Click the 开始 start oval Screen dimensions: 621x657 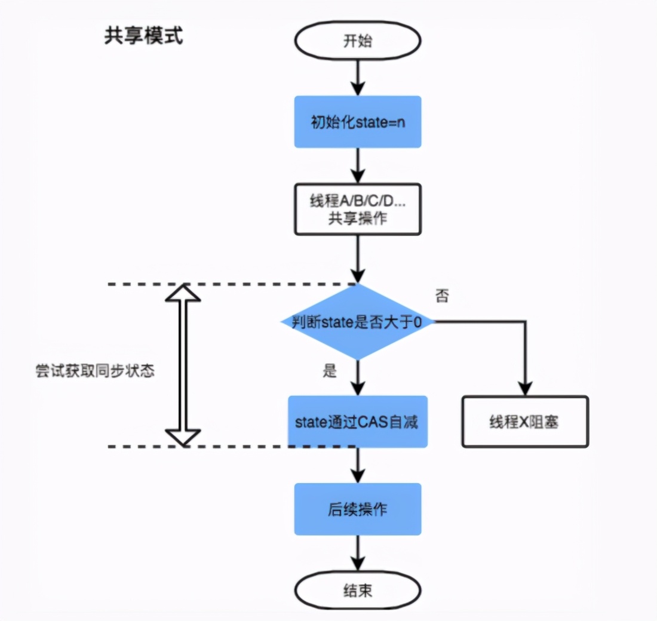point(357,41)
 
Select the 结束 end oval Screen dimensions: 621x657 point(357,591)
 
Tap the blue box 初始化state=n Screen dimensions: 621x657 point(357,122)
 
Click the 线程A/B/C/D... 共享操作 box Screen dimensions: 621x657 point(357,209)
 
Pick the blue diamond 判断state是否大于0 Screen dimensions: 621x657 point(357,322)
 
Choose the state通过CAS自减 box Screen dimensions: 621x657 point(357,422)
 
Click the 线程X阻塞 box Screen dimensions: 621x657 point(525,422)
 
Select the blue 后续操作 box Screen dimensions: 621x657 point(357,509)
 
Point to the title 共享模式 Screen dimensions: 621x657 point(143,36)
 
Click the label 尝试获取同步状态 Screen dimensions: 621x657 point(95,370)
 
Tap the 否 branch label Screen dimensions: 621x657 point(443,296)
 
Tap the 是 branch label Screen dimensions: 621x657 point(330,371)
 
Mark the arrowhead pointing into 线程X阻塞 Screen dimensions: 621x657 point(525,388)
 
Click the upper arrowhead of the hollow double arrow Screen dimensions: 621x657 point(183,294)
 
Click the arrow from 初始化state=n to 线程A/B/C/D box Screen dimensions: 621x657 point(357,165)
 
